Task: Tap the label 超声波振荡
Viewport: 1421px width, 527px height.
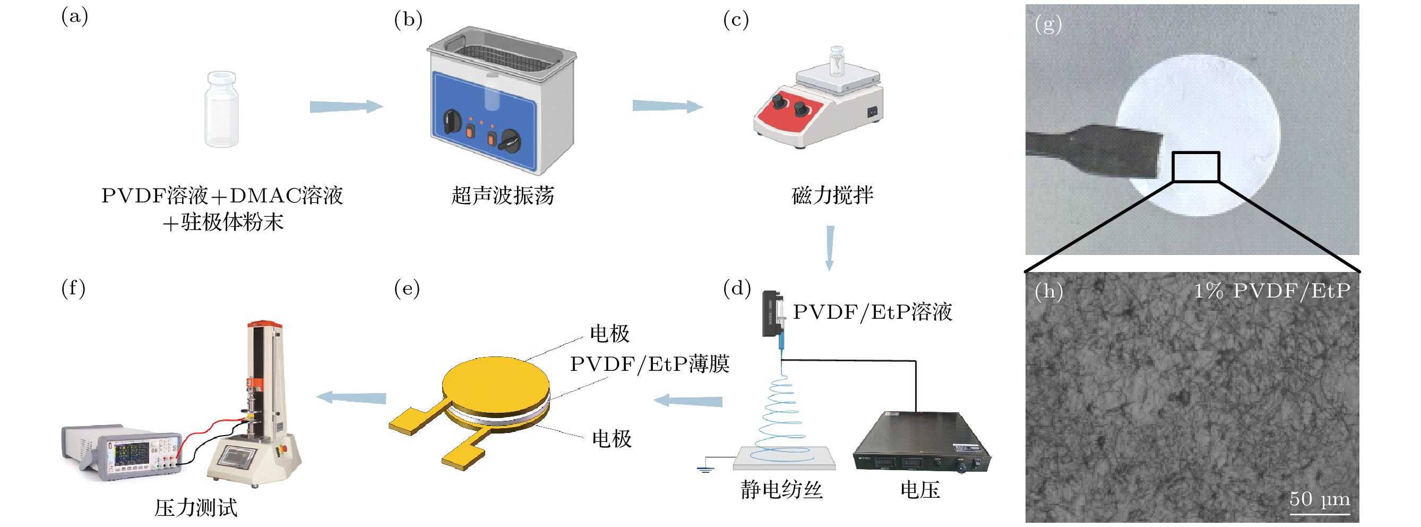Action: point(503,196)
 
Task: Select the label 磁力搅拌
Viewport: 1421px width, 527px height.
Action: point(832,196)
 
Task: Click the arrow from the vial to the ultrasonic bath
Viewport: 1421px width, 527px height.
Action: point(346,106)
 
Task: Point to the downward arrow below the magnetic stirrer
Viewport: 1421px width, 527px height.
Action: point(830,247)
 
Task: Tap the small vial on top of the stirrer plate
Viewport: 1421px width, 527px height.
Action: point(837,61)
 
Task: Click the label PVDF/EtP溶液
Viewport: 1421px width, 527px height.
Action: point(872,312)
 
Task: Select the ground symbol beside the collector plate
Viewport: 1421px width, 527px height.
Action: point(705,469)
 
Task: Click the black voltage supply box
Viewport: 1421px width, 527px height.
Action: point(921,441)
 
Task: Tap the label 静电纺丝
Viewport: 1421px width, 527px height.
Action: point(781,489)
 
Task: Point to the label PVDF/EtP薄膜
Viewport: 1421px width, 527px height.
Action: point(649,364)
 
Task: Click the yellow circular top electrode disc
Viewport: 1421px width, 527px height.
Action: point(495,384)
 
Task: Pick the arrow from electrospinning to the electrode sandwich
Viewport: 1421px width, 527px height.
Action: point(688,401)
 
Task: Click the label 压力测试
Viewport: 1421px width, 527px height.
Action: point(196,508)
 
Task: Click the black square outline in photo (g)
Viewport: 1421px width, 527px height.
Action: point(1195,167)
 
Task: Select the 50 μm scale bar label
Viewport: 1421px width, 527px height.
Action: point(1319,499)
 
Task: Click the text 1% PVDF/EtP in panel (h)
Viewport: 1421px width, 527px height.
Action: point(1271,291)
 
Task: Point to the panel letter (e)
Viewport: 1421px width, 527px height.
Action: point(407,288)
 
